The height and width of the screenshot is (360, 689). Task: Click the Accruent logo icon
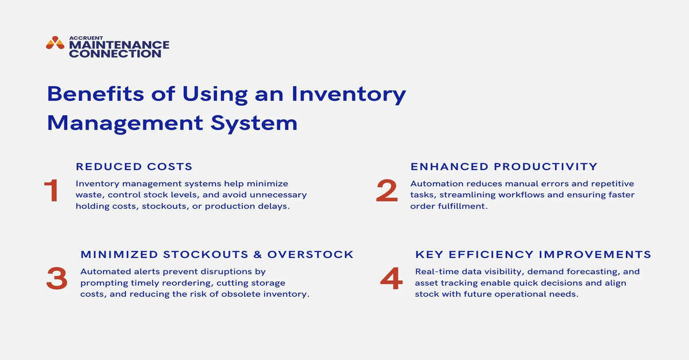pyautogui.click(x=55, y=43)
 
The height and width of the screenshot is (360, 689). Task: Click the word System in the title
pyautogui.click(x=262, y=123)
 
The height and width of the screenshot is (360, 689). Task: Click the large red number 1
pyautogui.click(x=52, y=191)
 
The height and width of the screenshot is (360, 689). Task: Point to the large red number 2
pyautogui.click(x=386, y=191)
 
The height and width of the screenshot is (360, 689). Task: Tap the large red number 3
pyautogui.click(x=56, y=279)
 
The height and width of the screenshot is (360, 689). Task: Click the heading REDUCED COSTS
pyautogui.click(x=134, y=167)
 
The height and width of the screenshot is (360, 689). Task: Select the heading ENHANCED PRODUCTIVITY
pyautogui.click(x=504, y=167)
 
